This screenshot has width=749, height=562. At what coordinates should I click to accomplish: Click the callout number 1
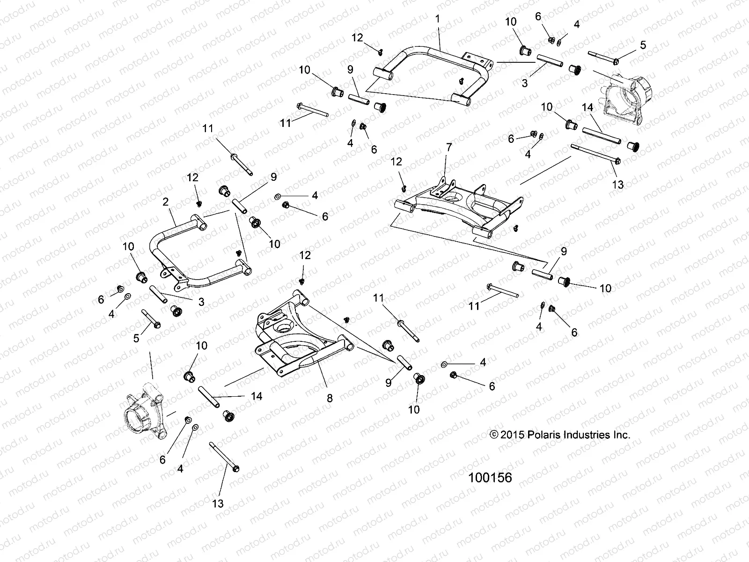coord(438,20)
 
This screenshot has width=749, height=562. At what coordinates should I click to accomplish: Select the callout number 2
coord(165,202)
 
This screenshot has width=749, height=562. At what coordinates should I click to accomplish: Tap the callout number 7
coord(449,148)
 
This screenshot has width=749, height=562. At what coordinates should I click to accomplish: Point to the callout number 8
coord(330,398)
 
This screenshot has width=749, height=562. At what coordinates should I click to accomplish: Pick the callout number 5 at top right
coord(643,45)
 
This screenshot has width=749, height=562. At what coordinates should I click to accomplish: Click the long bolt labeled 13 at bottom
coord(224,457)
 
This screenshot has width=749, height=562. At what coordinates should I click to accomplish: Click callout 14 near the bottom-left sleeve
coord(257,396)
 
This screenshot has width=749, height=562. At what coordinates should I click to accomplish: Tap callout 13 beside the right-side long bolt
coord(618,185)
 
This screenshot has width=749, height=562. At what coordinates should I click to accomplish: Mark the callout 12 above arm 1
coord(357,38)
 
